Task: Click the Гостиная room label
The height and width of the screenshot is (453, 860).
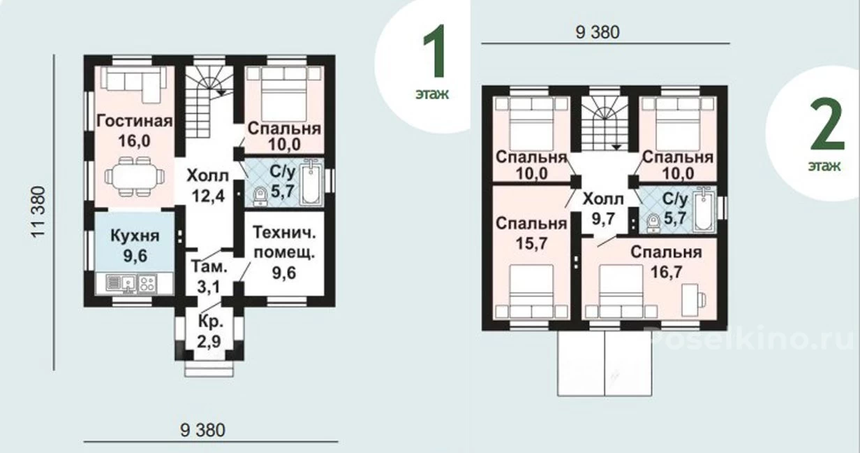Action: point(134,121)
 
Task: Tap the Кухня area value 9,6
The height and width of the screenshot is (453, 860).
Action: point(135,256)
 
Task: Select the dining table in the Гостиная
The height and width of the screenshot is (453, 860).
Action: point(134,177)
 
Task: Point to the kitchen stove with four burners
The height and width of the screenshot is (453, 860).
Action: point(147,284)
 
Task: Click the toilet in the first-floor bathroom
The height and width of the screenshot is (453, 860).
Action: point(260,196)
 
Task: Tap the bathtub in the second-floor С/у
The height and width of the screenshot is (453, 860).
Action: point(704,210)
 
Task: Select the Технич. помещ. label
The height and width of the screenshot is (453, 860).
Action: point(284,243)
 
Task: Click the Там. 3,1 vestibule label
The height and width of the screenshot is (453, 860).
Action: point(209,277)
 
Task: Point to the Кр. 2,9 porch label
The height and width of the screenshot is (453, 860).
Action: point(209,331)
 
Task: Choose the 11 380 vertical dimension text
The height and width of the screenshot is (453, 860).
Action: point(38,213)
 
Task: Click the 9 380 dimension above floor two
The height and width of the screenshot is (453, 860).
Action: point(598,32)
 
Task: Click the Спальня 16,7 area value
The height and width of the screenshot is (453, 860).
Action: point(667,272)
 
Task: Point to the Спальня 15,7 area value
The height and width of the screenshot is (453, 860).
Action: point(531,243)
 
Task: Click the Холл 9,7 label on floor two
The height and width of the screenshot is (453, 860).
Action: point(603,209)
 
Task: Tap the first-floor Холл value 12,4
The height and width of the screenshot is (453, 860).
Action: point(208,196)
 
